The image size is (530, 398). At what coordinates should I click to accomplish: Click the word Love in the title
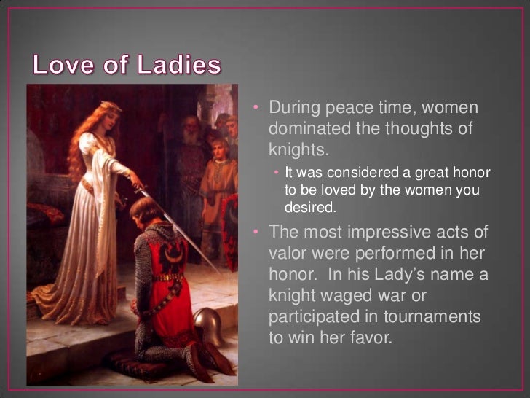coord(61,66)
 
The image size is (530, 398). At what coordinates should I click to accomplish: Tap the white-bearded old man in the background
coord(190,136)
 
